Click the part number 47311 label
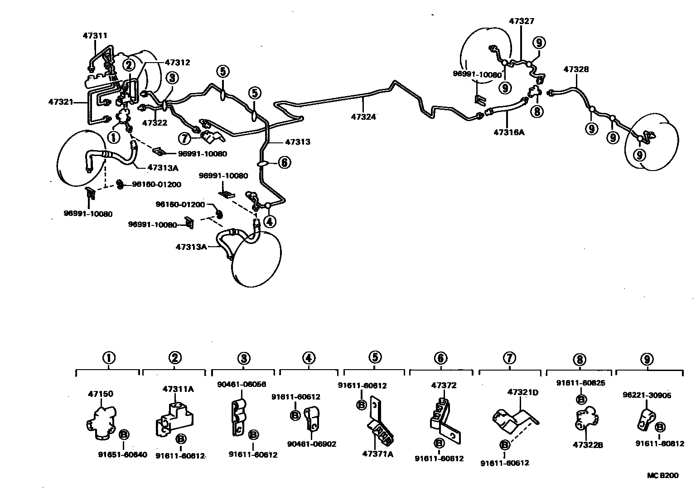point(95,35)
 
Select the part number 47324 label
point(363,117)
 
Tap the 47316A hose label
point(509,132)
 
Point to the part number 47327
point(521,21)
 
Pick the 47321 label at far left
point(61,102)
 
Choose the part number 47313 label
point(298,142)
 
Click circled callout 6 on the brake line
point(284,162)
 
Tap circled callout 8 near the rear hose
point(536,111)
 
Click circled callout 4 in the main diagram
point(270,222)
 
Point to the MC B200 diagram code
point(662,475)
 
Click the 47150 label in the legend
point(101,394)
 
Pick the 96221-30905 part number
point(647,395)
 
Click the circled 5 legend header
point(375,358)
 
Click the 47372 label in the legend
point(444,386)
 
